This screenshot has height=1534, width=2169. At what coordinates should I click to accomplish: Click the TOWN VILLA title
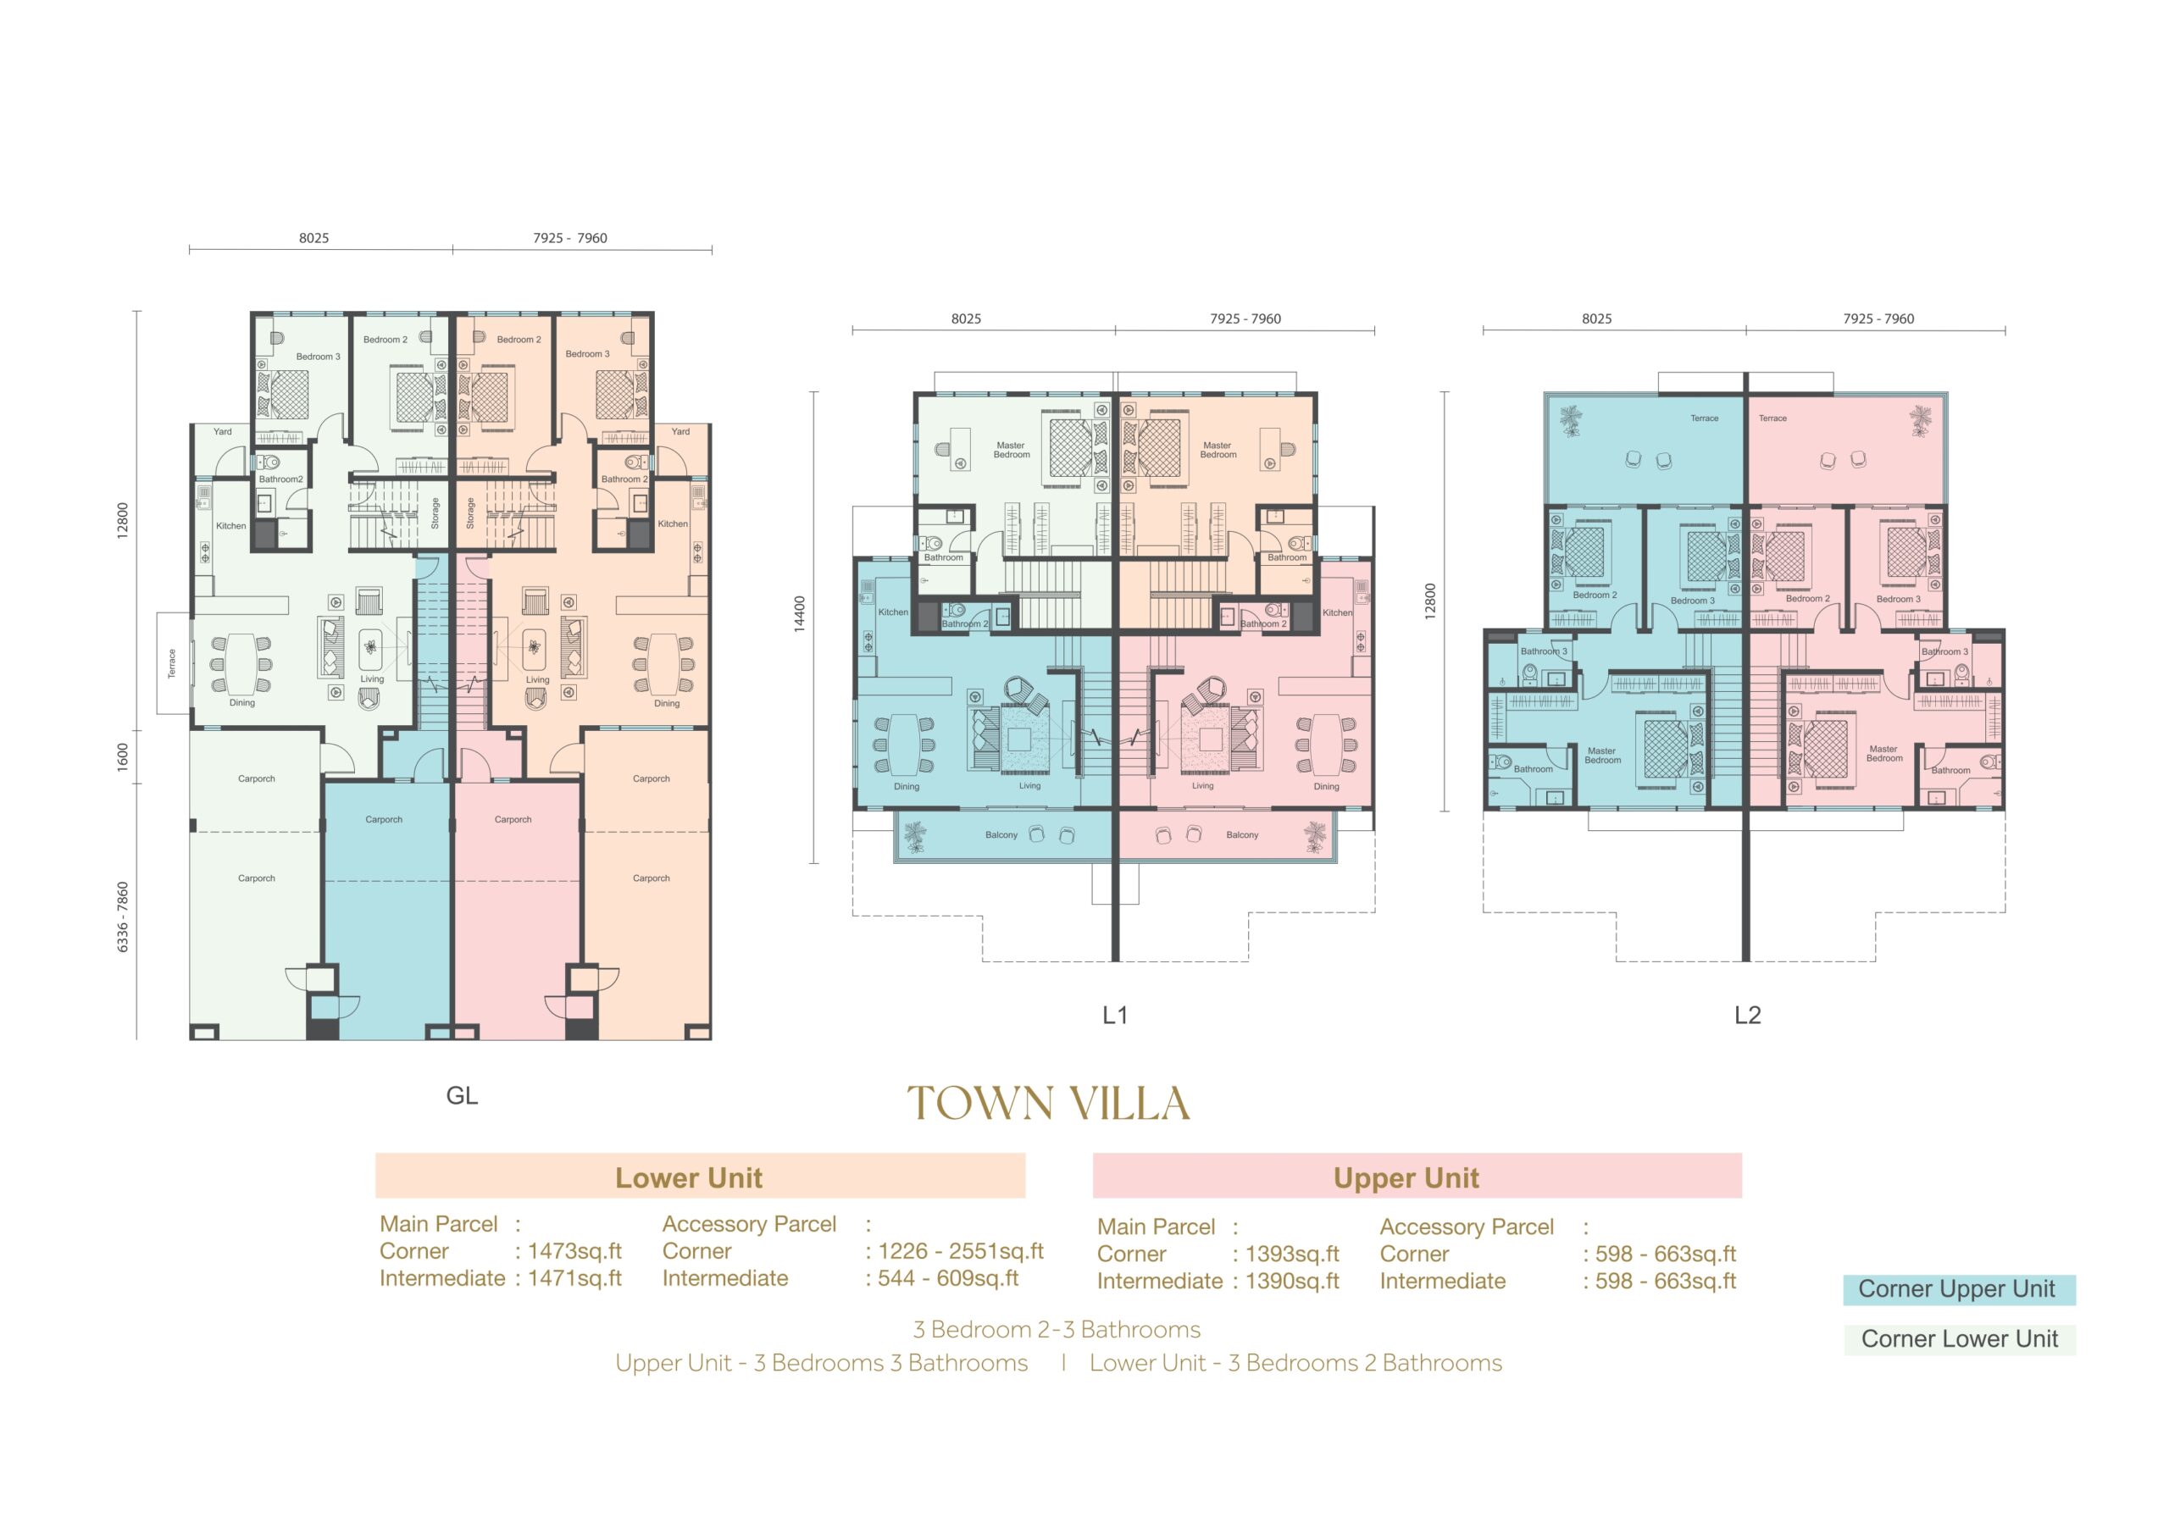[1049, 1103]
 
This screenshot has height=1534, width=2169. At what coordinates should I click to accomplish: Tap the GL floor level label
[462, 1096]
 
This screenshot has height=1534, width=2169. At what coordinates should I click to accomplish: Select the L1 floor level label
[1115, 1016]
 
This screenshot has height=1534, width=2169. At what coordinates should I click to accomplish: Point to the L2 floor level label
[1748, 1016]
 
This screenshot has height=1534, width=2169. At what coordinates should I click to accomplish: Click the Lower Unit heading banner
[700, 1176]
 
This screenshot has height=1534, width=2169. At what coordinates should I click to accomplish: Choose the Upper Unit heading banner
[1417, 1176]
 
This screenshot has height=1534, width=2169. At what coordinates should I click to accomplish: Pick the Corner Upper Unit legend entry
[1959, 1289]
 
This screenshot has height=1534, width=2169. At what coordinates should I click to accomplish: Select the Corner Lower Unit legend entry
[1959, 1339]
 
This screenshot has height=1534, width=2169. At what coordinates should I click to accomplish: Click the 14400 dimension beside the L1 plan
[800, 614]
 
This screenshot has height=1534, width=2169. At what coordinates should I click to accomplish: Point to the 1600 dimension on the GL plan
[122, 756]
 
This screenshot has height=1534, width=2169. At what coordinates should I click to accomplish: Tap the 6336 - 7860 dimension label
[122, 917]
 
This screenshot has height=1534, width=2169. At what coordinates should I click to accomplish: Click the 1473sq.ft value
[574, 1252]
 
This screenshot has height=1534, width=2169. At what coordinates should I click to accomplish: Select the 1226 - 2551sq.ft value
[961, 1252]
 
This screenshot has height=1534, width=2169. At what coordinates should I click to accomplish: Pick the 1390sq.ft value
[1292, 1282]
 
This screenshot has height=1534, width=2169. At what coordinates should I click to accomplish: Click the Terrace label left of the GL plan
[172, 663]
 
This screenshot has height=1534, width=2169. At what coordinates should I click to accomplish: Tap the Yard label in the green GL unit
[222, 432]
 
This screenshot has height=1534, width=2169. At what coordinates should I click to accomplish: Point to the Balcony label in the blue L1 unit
[1001, 835]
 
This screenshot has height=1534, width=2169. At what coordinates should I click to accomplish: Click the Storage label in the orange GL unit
[470, 513]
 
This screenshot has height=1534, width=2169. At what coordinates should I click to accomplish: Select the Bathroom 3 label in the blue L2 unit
[1544, 651]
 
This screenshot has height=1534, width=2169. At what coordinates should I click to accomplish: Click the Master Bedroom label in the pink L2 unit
[1883, 754]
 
